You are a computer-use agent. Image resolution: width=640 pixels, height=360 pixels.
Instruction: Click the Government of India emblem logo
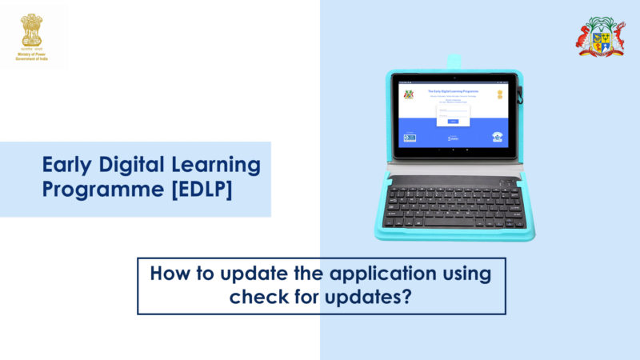pyautogui.click(x=31, y=30)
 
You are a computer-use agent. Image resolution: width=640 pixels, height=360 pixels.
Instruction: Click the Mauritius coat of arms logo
pyautogui.click(x=601, y=38)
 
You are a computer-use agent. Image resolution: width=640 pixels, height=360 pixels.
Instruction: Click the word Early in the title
pyautogui.click(x=67, y=166)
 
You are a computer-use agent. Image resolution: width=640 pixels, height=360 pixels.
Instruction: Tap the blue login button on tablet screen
pyautogui.click(x=453, y=121)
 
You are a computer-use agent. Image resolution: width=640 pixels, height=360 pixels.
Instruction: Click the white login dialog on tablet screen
pyautogui.click(x=453, y=114)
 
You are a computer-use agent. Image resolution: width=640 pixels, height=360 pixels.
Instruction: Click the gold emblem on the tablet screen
pyautogui.click(x=499, y=94)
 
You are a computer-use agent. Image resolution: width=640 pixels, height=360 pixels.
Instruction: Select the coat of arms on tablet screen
pyautogui.click(x=409, y=94)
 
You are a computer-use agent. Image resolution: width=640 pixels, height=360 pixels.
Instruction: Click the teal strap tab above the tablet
pyautogui.click(x=454, y=61)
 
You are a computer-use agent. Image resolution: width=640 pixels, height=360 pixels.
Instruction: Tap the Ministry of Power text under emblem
pyautogui.click(x=31, y=54)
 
